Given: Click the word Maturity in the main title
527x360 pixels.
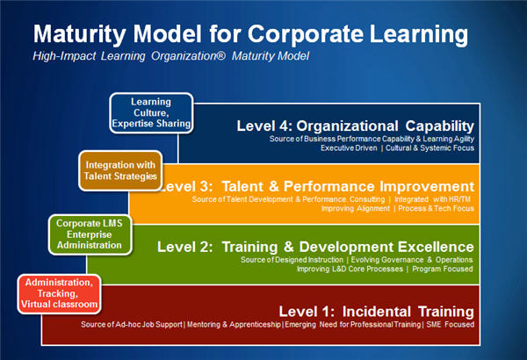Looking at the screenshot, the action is click(80, 35).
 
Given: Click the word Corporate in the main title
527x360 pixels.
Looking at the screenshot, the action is click(306, 33).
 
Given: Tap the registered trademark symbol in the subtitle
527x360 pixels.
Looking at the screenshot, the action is click(220, 54).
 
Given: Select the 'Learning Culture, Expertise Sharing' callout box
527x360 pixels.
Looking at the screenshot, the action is click(151, 112).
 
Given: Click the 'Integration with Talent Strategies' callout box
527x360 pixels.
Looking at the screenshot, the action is click(120, 170).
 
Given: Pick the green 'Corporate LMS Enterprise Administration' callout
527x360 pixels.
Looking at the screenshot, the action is click(90, 234).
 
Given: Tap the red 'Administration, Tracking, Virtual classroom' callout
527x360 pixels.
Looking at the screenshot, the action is click(59, 293).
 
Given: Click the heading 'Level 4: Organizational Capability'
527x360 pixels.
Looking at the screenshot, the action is click(355, 126).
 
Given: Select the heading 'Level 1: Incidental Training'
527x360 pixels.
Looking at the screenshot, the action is click(377, 311).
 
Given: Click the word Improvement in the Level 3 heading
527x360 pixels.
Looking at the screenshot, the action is click(427, 186).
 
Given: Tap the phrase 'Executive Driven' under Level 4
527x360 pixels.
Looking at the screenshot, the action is click(349, 148).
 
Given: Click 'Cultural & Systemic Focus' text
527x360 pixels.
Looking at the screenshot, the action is click(430, 148).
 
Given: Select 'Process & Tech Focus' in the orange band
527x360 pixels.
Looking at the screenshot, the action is click(436, 208).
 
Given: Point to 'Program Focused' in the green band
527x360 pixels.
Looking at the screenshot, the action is click(443, 269).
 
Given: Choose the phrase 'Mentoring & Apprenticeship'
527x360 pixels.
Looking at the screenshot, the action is click(234, 324).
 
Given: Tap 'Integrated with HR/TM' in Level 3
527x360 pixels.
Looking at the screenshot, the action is click(432, 199).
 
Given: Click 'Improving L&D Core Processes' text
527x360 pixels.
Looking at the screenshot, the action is click(350, 269).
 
